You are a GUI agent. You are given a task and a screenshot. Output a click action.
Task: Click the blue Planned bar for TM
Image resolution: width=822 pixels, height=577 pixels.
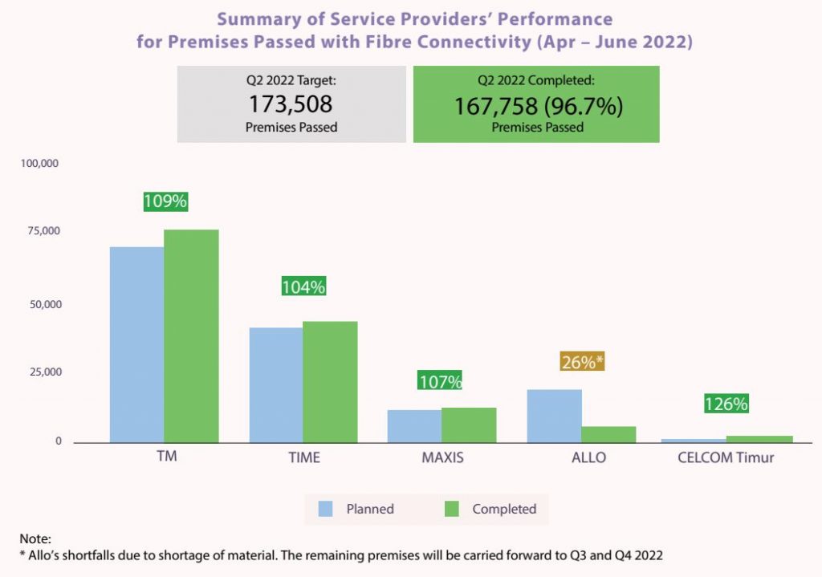click(136, 345)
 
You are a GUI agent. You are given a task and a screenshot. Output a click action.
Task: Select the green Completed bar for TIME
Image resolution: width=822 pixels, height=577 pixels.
click(330, 382)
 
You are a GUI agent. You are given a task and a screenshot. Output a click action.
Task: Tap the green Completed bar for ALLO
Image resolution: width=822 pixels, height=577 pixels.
click(608, 434)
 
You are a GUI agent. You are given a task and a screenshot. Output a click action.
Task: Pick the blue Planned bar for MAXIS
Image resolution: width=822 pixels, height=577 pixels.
click(414, 426)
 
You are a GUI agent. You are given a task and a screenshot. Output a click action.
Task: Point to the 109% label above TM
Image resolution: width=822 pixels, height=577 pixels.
click(165, 201)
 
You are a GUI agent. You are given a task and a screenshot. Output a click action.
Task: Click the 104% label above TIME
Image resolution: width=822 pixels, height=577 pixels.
click(303, 286)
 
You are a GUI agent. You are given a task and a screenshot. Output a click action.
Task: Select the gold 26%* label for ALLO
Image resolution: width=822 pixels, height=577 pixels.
click(581, 362)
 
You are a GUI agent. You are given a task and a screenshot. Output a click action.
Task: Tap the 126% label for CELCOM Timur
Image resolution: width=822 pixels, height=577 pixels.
click(726, 404)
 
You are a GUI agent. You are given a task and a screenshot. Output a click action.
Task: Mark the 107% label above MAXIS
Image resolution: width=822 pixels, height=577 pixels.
click(440, 381)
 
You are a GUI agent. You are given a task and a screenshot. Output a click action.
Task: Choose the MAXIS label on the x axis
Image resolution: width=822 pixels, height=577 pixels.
click(442, 457)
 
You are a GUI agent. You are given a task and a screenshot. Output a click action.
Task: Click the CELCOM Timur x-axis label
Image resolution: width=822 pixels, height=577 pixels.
click(726, 457)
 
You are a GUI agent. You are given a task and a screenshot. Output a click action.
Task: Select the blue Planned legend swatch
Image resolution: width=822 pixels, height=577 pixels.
click(326, 509)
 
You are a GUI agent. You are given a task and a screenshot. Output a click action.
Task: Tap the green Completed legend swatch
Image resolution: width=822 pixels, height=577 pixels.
click(452, 509)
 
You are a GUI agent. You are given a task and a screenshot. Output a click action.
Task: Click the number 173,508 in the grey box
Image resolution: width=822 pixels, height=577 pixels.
click(291, 104)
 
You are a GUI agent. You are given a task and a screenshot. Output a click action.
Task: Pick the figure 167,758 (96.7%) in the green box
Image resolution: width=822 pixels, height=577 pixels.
click(537, 106)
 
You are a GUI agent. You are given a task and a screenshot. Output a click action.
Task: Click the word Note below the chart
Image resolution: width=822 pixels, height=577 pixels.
click(34, 539)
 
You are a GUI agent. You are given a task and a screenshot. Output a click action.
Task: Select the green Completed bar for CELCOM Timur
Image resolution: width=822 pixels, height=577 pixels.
click(759, 439)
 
